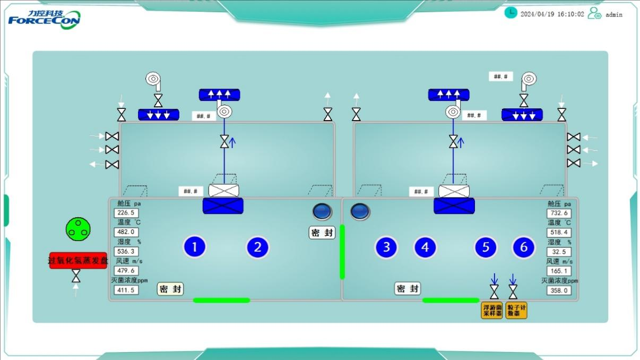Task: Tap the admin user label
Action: (x=614, y=14)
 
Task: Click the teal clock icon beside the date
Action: (x=511, y=13)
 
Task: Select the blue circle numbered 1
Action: (x=195, y=247)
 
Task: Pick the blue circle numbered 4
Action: (x=425, y=247)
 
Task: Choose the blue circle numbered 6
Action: (x=524, y=247)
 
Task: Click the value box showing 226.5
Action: (x=126, y=213)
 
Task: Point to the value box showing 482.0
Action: (x=126, y=232)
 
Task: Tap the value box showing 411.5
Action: (x=126, y=290)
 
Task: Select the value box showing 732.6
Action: (x=559, y=213)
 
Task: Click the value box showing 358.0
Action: (x=559, y=290)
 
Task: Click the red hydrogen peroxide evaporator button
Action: (x=78, y=260)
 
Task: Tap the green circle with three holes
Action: (x=78, y=229)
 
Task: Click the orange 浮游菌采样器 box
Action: (x=491, y=311)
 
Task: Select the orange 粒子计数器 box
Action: (x=516, y=311)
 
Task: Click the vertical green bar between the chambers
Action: (x=342, y=252)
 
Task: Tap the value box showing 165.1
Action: (x=559, y=271)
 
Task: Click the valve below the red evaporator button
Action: (x=76, y=276)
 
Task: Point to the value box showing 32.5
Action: (x=559, y=252)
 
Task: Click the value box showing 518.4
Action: (x=559, y=232)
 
